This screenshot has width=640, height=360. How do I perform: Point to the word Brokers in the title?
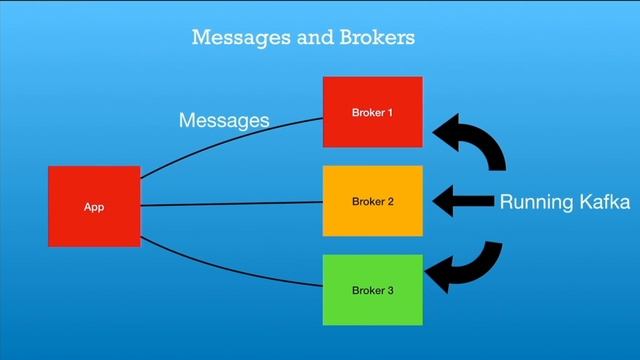(372, 38)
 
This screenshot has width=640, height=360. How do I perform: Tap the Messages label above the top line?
(223, 121)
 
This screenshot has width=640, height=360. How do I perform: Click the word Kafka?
(602, 203)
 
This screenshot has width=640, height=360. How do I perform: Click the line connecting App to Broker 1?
(230, 138)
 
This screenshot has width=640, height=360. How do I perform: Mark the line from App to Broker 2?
(230, 204)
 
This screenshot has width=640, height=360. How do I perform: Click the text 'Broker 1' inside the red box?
(372, 113)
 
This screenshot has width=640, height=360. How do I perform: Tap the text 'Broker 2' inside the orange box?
(372, 202)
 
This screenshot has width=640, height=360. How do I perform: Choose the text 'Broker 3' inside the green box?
(372, 291)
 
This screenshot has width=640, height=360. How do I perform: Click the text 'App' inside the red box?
(94, 207)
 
